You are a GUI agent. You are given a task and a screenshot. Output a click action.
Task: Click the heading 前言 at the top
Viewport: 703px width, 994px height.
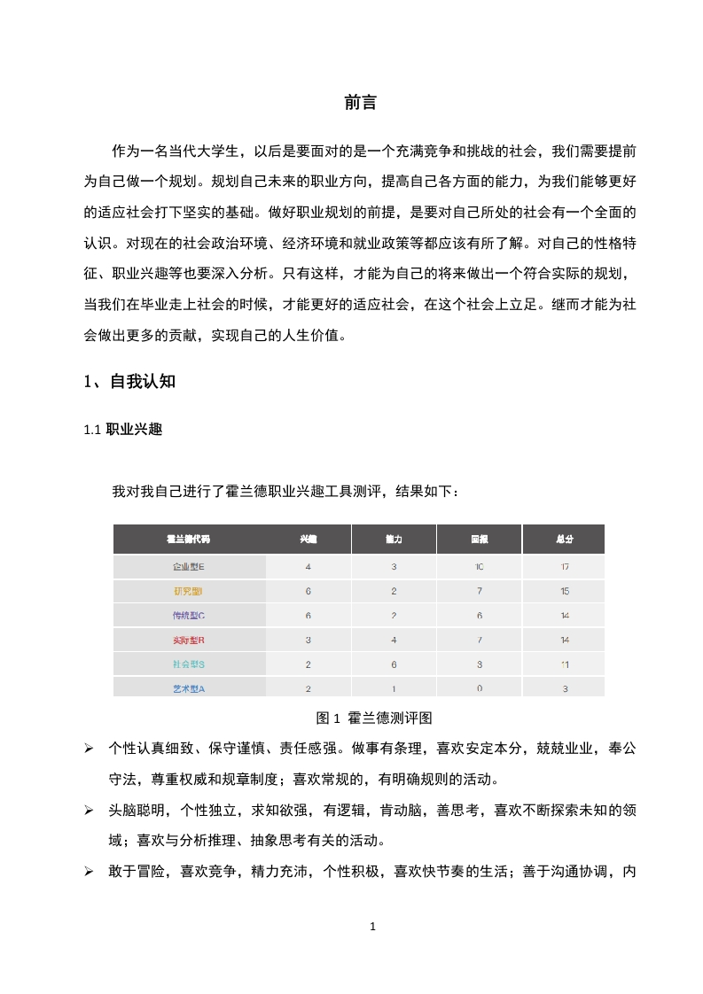360,103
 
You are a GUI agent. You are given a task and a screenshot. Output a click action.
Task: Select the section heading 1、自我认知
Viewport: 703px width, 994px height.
129,382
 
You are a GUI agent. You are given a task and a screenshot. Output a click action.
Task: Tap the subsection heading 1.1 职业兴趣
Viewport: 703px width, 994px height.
122,430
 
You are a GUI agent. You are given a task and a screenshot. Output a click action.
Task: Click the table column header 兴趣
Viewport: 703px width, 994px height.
308,539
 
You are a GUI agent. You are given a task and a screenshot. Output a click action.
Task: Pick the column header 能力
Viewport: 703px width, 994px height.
394,539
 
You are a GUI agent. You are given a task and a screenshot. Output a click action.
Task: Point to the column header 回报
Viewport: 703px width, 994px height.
479,539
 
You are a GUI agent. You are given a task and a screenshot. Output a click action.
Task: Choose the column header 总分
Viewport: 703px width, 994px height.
565,539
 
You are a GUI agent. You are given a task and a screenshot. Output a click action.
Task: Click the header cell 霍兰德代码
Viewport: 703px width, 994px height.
189,539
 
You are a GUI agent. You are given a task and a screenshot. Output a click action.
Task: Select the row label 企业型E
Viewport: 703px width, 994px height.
189,566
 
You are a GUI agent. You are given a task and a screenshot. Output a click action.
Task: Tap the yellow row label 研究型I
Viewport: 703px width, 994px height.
189,591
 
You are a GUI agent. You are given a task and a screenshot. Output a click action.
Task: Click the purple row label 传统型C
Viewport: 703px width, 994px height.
189,615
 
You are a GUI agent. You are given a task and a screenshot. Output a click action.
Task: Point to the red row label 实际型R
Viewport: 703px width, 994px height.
189,640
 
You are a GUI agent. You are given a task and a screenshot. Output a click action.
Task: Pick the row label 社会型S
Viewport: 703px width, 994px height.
189,664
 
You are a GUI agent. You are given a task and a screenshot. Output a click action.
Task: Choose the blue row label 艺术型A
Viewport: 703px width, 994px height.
189,688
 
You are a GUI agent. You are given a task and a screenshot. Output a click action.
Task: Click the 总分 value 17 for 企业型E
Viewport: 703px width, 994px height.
565,566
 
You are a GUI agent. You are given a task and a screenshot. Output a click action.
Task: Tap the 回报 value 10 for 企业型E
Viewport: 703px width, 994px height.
479,566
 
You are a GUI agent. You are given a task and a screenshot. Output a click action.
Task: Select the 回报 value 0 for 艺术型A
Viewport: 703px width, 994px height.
479,688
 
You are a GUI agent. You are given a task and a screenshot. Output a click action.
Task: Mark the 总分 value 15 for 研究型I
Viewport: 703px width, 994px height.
565,591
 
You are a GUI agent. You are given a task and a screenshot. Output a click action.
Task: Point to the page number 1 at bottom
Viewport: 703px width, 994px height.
372,927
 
